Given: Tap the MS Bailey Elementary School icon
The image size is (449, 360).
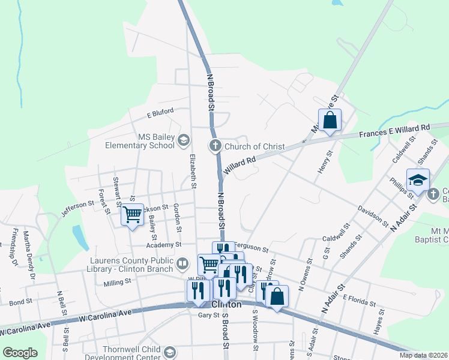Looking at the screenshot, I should point(184,140).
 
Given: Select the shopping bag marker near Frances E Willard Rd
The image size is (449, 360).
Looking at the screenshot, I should point(330,120).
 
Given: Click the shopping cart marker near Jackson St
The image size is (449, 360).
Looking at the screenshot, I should point(132,214).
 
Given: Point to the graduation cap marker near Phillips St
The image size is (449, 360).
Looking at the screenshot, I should point(418,179).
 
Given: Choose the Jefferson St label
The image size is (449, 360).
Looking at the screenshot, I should point(77,209).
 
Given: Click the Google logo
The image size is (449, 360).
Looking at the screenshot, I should point(20,353).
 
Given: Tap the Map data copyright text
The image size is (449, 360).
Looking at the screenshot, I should point(423,355).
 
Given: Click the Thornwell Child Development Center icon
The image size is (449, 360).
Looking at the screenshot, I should point(170,352).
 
